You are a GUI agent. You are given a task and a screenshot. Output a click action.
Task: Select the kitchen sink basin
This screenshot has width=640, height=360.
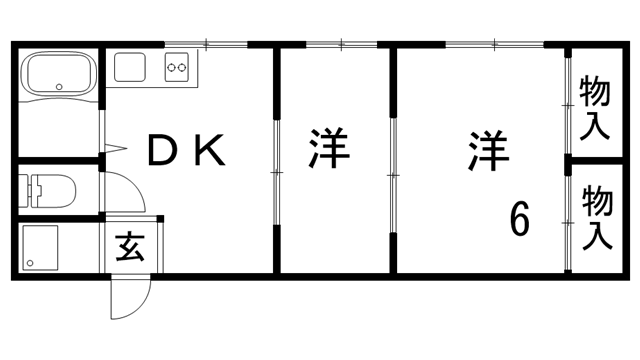pos(131,67)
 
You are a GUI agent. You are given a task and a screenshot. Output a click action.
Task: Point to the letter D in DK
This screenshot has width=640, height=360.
pos(161,150)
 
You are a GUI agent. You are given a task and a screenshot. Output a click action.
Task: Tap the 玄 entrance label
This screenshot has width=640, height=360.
pos(130,245)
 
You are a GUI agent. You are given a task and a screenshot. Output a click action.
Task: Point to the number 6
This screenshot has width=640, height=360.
pos(519,217)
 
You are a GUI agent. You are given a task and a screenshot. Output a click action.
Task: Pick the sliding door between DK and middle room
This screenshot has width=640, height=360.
pos(276,160)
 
